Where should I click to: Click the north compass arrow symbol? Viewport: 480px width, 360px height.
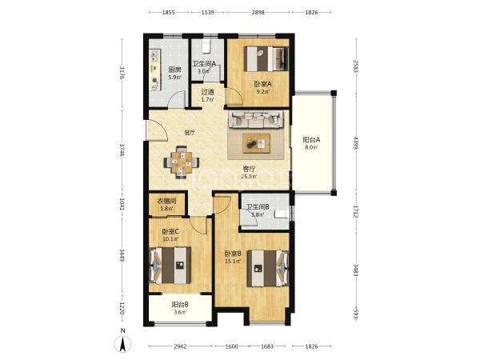[122, 343]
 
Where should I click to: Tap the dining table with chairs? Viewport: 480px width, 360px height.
[182, 162]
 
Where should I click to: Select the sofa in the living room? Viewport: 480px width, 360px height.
[256, 119]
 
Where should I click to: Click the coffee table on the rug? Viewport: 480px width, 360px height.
[256, 143]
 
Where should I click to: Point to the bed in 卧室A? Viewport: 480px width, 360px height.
[266, 58]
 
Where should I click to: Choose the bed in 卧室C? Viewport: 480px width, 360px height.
[170, 265]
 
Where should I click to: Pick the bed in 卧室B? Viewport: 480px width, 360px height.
[268, 269]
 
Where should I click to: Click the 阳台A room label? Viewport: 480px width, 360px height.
[311, 140]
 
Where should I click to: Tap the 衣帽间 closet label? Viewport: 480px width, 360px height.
[166, 201]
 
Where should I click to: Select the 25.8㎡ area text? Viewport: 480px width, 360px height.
[249, 176]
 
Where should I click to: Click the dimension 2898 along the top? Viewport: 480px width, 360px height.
[258, 13]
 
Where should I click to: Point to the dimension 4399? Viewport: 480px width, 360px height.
[356, 143]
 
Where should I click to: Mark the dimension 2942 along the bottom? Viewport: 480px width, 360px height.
[180, 346]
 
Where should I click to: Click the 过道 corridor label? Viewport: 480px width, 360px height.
[207, 92]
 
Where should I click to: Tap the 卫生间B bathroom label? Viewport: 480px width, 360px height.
[258, 207]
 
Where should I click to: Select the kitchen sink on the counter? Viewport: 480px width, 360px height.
[154, 56]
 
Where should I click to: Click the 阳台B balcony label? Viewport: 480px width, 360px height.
[180, 305]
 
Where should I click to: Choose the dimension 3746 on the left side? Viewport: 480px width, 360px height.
[122, 150]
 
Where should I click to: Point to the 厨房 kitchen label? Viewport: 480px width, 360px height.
[174, 70]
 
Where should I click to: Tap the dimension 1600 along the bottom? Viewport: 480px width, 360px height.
[231, 346]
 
